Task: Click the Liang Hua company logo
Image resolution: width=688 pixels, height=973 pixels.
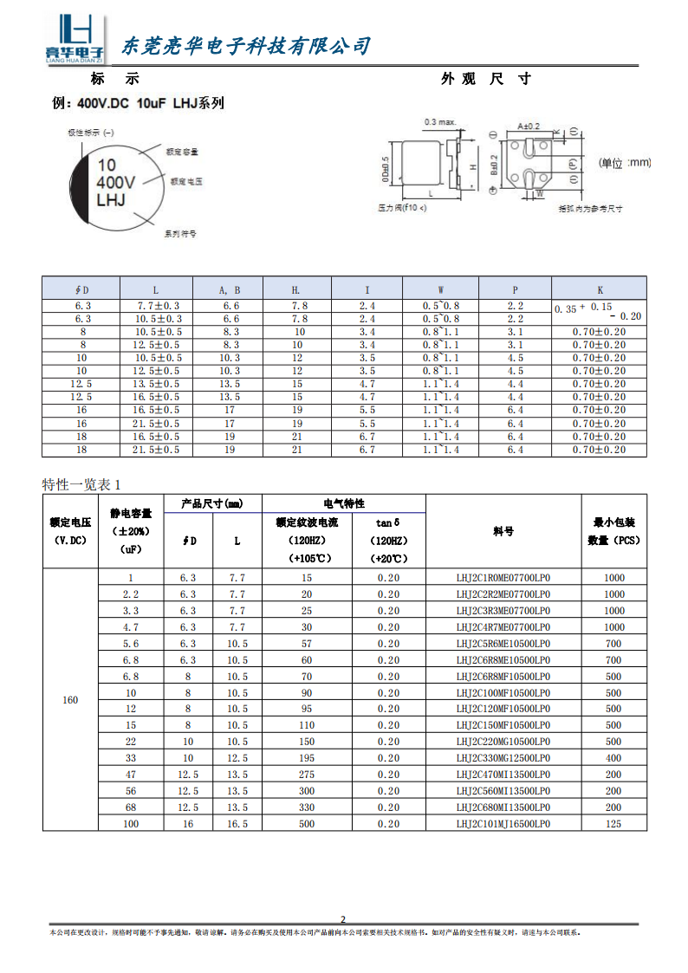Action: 74,40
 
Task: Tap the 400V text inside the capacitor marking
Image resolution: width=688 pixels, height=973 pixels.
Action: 115,183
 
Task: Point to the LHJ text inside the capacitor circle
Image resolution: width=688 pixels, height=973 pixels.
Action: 111,200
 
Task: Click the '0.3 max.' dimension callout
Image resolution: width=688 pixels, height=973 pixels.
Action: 439,122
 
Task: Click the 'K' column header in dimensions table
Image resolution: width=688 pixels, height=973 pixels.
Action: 600,289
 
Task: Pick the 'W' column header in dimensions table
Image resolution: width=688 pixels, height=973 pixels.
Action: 440,289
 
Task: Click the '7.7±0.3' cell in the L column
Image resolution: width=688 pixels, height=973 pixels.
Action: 159,306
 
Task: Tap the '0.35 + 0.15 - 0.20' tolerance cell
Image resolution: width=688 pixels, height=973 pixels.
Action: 599,312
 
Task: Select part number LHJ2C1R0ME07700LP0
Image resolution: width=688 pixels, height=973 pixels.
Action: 503,578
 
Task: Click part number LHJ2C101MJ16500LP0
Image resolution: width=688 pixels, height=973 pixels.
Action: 503,824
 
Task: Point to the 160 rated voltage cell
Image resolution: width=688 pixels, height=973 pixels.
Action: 70,700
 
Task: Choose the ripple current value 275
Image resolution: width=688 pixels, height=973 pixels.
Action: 307,775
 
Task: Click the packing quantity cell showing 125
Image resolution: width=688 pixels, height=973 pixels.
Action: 613,824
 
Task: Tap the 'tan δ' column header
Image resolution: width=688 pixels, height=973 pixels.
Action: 388,522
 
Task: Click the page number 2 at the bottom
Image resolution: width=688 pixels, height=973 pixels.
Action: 342,919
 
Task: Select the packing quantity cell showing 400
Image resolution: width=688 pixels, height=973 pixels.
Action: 613,758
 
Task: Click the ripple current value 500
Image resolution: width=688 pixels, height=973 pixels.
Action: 307,824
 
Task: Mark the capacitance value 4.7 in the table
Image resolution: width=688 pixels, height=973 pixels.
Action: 131,626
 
